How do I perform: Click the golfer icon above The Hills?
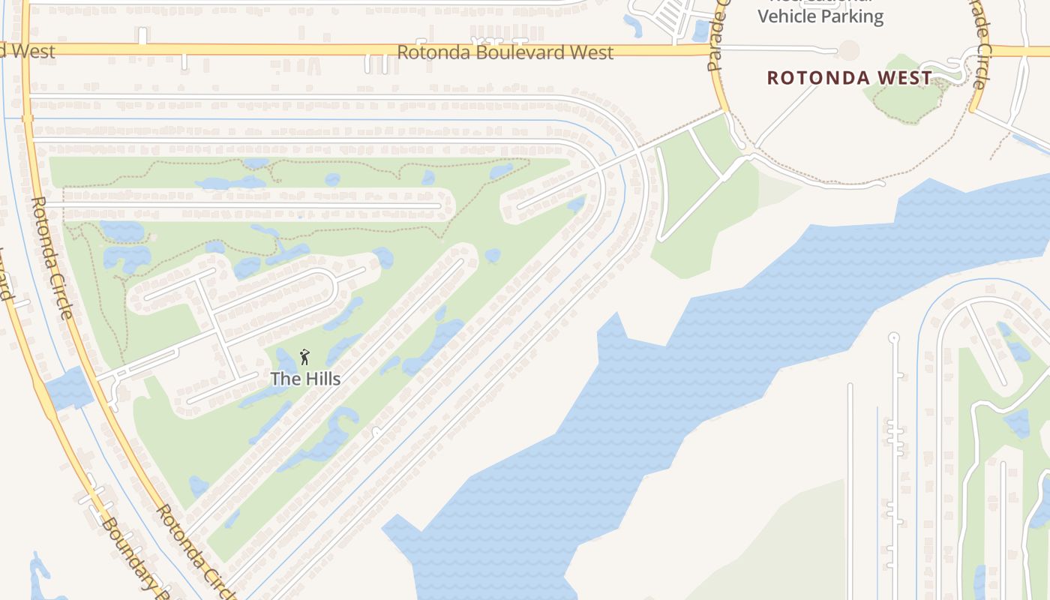304,358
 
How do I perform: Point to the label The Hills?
305,379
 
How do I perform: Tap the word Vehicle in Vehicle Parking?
788,16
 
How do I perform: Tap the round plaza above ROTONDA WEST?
849,50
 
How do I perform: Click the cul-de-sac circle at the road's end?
892,337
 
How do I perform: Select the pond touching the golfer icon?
288,360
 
